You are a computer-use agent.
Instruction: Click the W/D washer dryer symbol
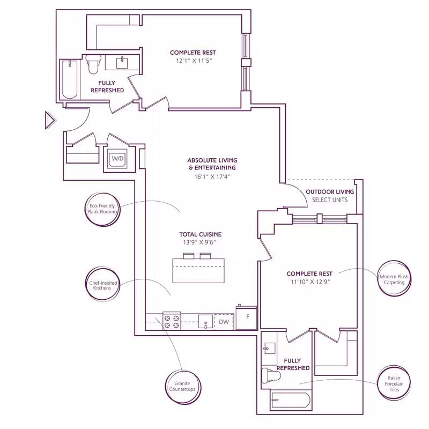point(117,159)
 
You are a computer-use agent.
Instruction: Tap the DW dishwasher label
point(224,322)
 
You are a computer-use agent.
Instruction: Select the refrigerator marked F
point(247,317)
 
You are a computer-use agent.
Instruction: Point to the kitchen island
point(198,271)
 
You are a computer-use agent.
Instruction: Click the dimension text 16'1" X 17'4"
point(212,176)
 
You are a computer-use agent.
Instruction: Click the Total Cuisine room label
point(200,234)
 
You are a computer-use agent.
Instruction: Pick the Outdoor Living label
point(330,192)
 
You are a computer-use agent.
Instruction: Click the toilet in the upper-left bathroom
point(93,64)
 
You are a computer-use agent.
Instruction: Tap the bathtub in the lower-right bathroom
point(290,401)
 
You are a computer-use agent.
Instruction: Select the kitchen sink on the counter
point(205,322)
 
